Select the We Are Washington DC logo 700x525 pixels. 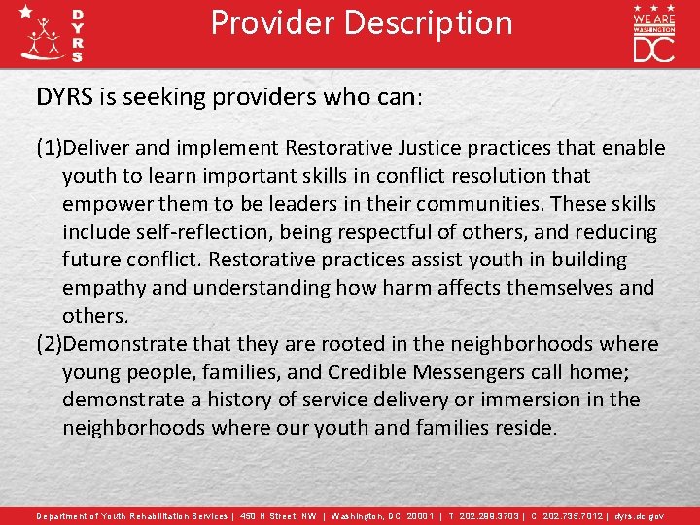(x=653, y=33)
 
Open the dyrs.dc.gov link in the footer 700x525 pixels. (x=637, y=516)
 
